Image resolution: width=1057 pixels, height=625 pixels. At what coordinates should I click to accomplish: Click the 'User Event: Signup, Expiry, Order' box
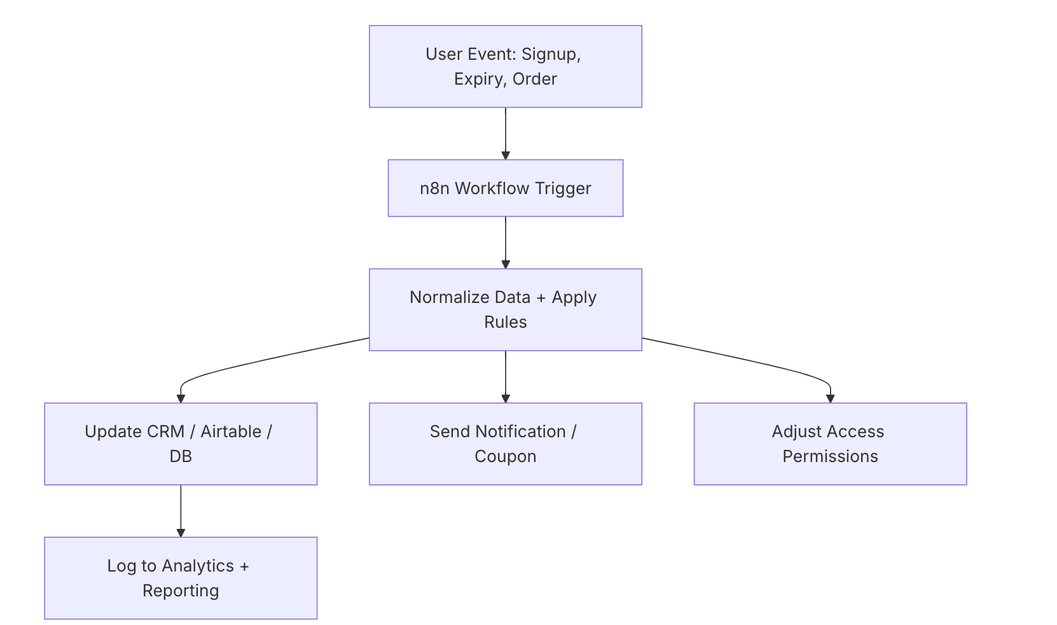coord(505,67)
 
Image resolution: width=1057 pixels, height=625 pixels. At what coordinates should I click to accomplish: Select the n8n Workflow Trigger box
coord(505,188)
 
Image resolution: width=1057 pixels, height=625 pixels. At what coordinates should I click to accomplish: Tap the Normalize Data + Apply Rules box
coord(505,310)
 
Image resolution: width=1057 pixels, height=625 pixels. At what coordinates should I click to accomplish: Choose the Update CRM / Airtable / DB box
coord(181,444)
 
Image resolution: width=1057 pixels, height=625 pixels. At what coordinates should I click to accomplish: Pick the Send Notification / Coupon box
coord(505,444)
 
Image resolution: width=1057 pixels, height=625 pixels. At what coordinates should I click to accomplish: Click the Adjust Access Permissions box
coord(830,444)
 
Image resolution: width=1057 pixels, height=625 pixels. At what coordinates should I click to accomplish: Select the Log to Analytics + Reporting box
coord(181,578)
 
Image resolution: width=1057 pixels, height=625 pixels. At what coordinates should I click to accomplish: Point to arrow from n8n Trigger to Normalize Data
coord(506,242)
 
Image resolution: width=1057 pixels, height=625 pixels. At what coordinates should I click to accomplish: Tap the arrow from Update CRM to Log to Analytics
coord(181,510)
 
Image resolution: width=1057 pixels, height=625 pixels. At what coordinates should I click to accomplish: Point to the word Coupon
coord(505,456)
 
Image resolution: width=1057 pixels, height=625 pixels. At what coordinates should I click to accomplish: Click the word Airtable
coord(231,432)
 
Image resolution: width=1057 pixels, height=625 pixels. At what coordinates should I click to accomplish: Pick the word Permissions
coord(830,456)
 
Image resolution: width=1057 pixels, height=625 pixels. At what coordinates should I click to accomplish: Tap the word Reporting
coord(181,591)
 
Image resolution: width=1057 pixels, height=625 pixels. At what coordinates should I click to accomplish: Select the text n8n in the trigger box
coord(434,188)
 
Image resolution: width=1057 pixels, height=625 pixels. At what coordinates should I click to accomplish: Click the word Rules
coord(505,322)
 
